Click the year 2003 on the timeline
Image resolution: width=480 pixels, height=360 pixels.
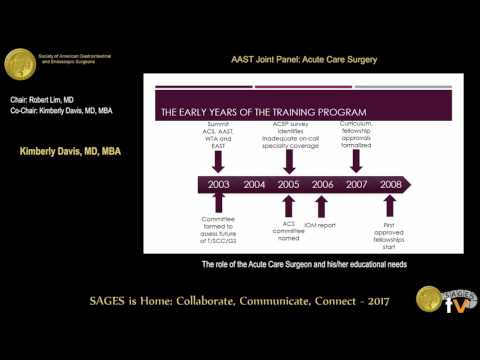tap(219, 185)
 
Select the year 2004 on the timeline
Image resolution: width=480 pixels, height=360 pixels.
tap(254, 185)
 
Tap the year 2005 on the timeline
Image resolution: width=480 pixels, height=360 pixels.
tap(288, 185)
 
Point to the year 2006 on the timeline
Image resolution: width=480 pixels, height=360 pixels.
tap(322, 185)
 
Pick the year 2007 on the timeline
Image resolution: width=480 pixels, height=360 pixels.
tap(357, 185)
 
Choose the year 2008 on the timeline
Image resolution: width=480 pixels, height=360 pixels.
tap(391, 185)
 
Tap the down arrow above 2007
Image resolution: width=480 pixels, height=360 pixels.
tap(357, 157)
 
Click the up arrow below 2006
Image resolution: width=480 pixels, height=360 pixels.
tap(322, 207)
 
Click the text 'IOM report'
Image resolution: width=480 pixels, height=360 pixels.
tap(322, 226)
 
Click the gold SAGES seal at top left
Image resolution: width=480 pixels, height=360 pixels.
tap(22, 66)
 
